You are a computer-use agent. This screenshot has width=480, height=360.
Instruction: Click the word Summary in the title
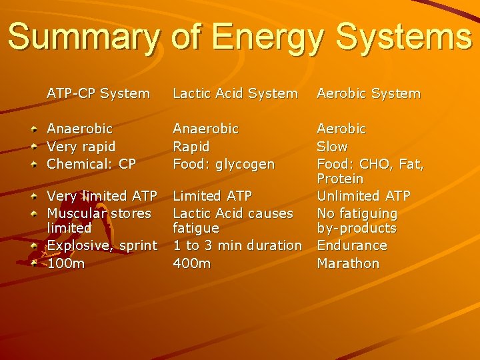[x=83, y=37]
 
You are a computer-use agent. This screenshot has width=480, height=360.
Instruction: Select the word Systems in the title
[x=405, y=37]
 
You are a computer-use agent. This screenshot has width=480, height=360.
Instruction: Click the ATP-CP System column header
[x=98, y=94]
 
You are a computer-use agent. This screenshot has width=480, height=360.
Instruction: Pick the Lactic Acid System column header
[x=235, y=94]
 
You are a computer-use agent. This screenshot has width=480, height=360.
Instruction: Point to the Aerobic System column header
[x=369, y=94]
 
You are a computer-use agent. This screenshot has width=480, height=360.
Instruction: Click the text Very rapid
[x=81, y=147]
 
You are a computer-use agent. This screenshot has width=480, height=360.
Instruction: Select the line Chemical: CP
[x=91, y=164]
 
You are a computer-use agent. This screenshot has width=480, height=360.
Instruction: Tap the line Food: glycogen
[x=223, y=164]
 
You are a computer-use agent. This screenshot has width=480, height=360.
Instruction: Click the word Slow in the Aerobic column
[x=332, y=147]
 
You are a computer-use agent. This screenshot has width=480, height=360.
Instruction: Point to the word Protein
[x=340, y=179]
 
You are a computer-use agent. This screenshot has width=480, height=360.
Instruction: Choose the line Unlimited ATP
[x=363, y=196]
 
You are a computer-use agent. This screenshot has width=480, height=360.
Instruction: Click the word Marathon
[x=348, y=263]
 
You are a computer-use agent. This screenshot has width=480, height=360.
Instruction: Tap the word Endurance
[x=352, y=245]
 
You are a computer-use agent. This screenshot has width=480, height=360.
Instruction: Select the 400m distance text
[x=191, y=263]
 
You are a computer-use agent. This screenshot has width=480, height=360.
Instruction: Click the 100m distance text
[x=66, y=263]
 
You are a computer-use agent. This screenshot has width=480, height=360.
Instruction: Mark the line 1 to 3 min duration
[x=237, y=245]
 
